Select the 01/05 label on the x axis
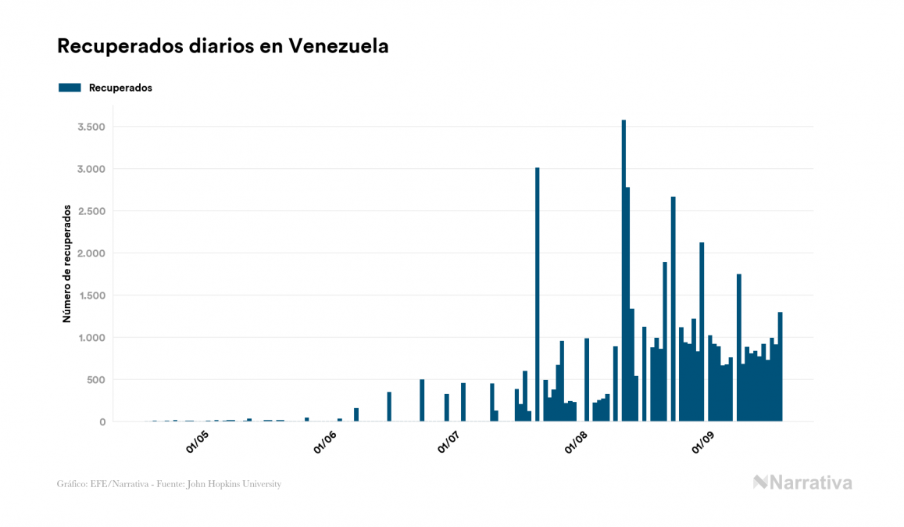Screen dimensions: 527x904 [197, 441]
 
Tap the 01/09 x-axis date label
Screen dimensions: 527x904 [703, 441]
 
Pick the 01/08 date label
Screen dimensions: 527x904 [576, 441]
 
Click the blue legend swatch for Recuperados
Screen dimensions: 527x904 [70, 88]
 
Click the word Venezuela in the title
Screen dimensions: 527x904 [338, 46]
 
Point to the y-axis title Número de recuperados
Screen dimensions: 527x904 [67, 263]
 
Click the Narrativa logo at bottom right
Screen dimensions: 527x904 [802, 482]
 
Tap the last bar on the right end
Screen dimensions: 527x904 [780, 367]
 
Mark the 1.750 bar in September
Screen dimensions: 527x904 [739, 347]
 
